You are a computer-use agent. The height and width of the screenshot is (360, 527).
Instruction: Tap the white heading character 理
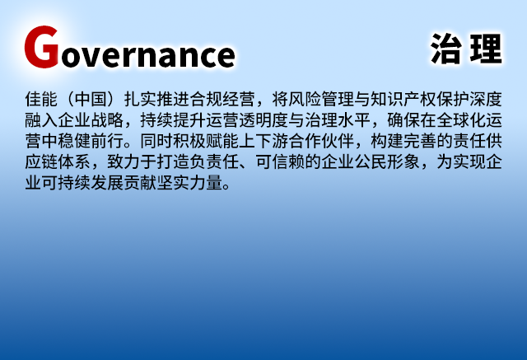485,50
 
